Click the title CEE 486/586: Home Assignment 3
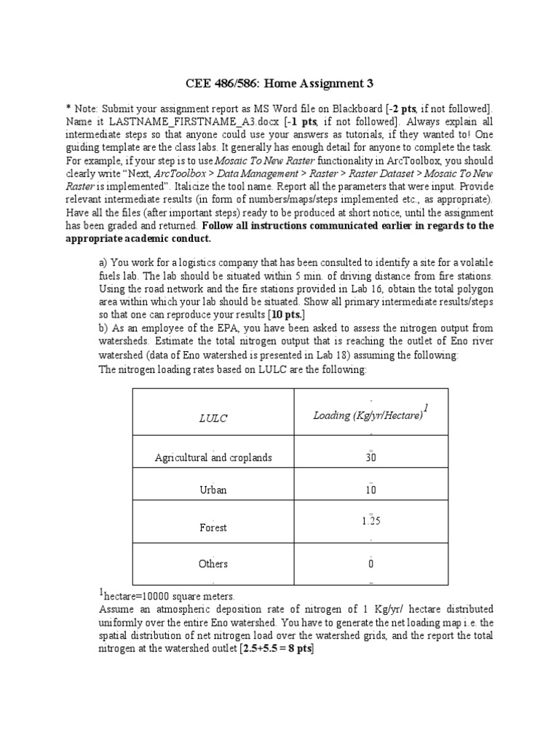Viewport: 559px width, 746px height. (x=279, y=83)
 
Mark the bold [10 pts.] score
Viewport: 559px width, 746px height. (x=287, y=315)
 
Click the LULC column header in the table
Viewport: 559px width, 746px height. (x=213, y=417)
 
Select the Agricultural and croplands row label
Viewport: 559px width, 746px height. (x=213, y=458)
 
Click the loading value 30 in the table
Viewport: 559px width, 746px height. (x=371, y=458)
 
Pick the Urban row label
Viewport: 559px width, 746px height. (x=213, y=490)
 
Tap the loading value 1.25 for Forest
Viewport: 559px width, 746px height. (x=371, y=521)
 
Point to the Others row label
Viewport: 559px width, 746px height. (x=213, y=563)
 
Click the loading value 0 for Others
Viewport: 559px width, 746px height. (x=371, y=564)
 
